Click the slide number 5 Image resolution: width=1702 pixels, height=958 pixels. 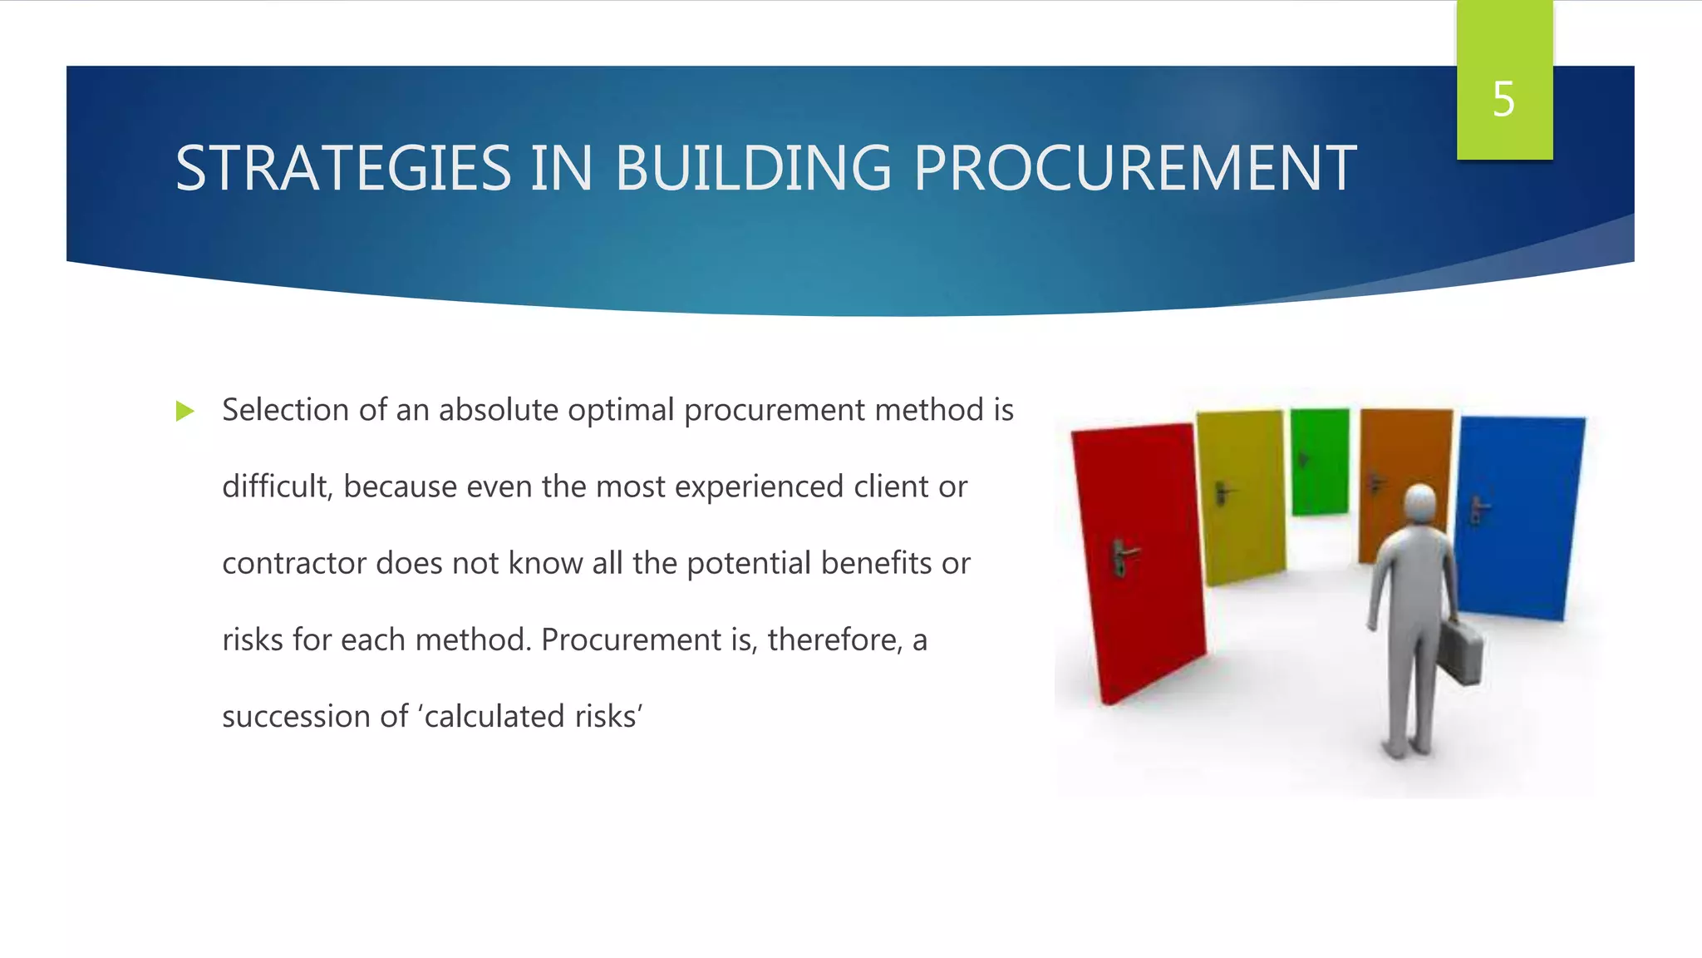pyautogui.click(x=1503, y=100)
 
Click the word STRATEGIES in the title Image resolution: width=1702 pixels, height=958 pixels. pyautogui.click(x=343, y=169)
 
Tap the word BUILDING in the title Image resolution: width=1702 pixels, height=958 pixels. pyautogui.click(x=753, y=169)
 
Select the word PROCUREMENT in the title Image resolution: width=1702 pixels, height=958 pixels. pyautogui.click(x=1135, y=169)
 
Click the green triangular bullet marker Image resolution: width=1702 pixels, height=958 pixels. pyautogui.click(x=184, y=411)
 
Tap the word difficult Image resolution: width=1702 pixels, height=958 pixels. pyautogui.click(x=277, y=486)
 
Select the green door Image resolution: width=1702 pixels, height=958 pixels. pyautogui.click(x=1320, y=462)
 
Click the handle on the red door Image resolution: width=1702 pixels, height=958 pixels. pyautogui.click(x=1123, y=556)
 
